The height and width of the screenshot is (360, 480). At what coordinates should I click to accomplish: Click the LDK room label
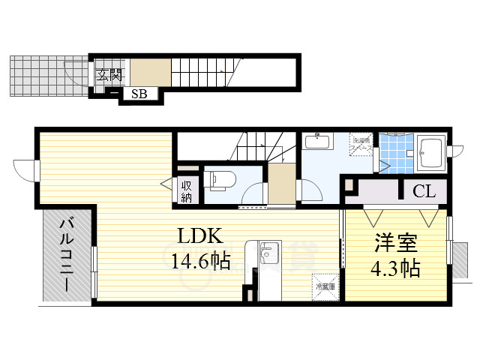pos(199,236)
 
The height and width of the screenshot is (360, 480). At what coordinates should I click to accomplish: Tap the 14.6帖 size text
pos(199,261)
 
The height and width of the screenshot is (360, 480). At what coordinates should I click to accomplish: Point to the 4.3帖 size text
pos(394,268)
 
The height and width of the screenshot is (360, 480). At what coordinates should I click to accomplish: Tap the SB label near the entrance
pos(139,94)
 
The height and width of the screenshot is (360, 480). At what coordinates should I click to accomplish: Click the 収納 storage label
pos(186,191)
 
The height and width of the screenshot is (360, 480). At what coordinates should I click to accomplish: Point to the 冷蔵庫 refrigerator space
pos(325,285)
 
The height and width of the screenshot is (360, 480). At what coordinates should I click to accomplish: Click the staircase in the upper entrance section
pos(197,71)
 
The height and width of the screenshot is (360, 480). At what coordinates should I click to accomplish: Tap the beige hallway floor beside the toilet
pos(281,184)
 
